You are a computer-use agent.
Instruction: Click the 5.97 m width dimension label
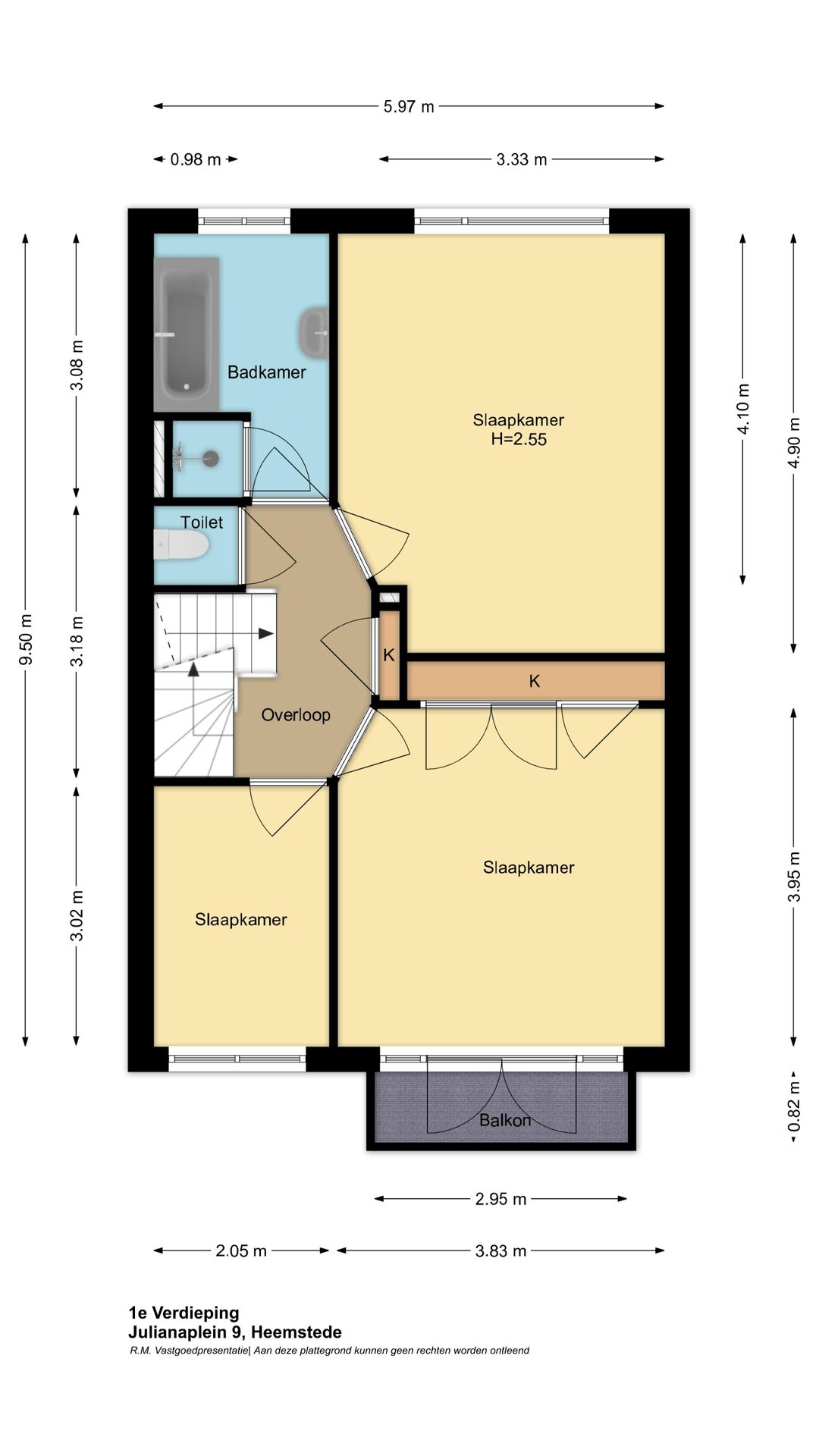pyautogui.click(x=409, y=106)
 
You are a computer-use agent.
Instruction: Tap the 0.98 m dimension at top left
pyautogui.click(x=196, y=159)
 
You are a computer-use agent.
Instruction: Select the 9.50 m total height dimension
pyautogui.click(x=26, y=639)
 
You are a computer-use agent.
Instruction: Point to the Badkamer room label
pyautogui.click(x=267, y=372)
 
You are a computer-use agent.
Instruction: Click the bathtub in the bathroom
pyautogui.click(x=187, y=334)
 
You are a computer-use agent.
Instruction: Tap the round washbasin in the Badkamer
pyautogui.click(x=314, y=332)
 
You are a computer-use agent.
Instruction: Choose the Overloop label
pyautogui.click(x=296, y=715)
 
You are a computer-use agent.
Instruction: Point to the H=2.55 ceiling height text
pyautogui.click(x=519, y=439)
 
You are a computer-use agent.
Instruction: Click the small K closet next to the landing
pyautogui.click(x=389, y=655)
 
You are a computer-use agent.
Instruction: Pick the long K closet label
pyautogui.click(x=535, y=681)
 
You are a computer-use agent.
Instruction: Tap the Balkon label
pyautogui.click(x=505, y=1120)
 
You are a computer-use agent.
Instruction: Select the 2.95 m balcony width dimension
pyautogui.click(x=500, y=1199)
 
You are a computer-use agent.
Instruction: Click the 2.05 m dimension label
pyautogui.click(x=241, y=1250)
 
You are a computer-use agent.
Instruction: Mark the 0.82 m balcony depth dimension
pyautogui.click(x=794, y=1106)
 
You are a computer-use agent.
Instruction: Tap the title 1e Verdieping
pyautogui.click(x=184, y=1313)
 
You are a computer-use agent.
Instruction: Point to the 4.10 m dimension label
pyautogui.click(x=743, y=409)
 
